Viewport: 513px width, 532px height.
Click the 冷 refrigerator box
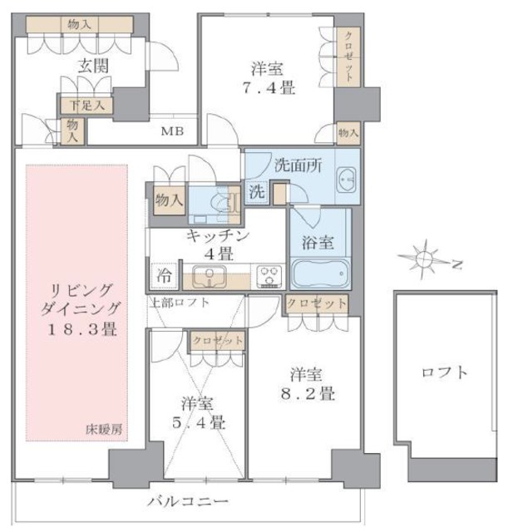click(164, 273)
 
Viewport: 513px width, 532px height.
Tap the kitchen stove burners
click(269, 274)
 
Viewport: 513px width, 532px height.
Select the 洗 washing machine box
click(258, 191)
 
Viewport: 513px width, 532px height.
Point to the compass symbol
click(425, 260)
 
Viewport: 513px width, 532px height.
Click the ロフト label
click(446, 372)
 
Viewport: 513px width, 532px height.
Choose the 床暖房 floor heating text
click(104, 429)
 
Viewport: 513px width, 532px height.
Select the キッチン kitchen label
click(216, 235)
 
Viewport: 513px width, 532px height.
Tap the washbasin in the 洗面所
click(346, 178)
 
